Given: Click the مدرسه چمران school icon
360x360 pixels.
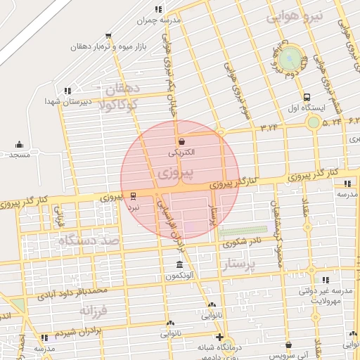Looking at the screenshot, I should (158, 9).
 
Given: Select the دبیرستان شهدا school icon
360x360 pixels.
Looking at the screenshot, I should (67, 91).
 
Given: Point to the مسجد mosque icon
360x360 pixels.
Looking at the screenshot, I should (18, 144).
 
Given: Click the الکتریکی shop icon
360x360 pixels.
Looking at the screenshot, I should (181, 141).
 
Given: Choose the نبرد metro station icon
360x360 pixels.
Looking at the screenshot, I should (134, 196).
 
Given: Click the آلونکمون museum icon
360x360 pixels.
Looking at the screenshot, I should (180, 265).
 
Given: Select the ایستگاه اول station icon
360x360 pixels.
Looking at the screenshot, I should (306, 98).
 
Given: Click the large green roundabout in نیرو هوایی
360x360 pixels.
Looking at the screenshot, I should (291, 57).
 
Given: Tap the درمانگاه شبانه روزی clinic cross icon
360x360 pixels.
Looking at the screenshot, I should (219, 337).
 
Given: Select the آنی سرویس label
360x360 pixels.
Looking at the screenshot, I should (288, 354).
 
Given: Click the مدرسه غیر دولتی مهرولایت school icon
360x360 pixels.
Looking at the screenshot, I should (324, 280).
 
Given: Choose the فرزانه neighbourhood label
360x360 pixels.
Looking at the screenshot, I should (95, 309).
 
